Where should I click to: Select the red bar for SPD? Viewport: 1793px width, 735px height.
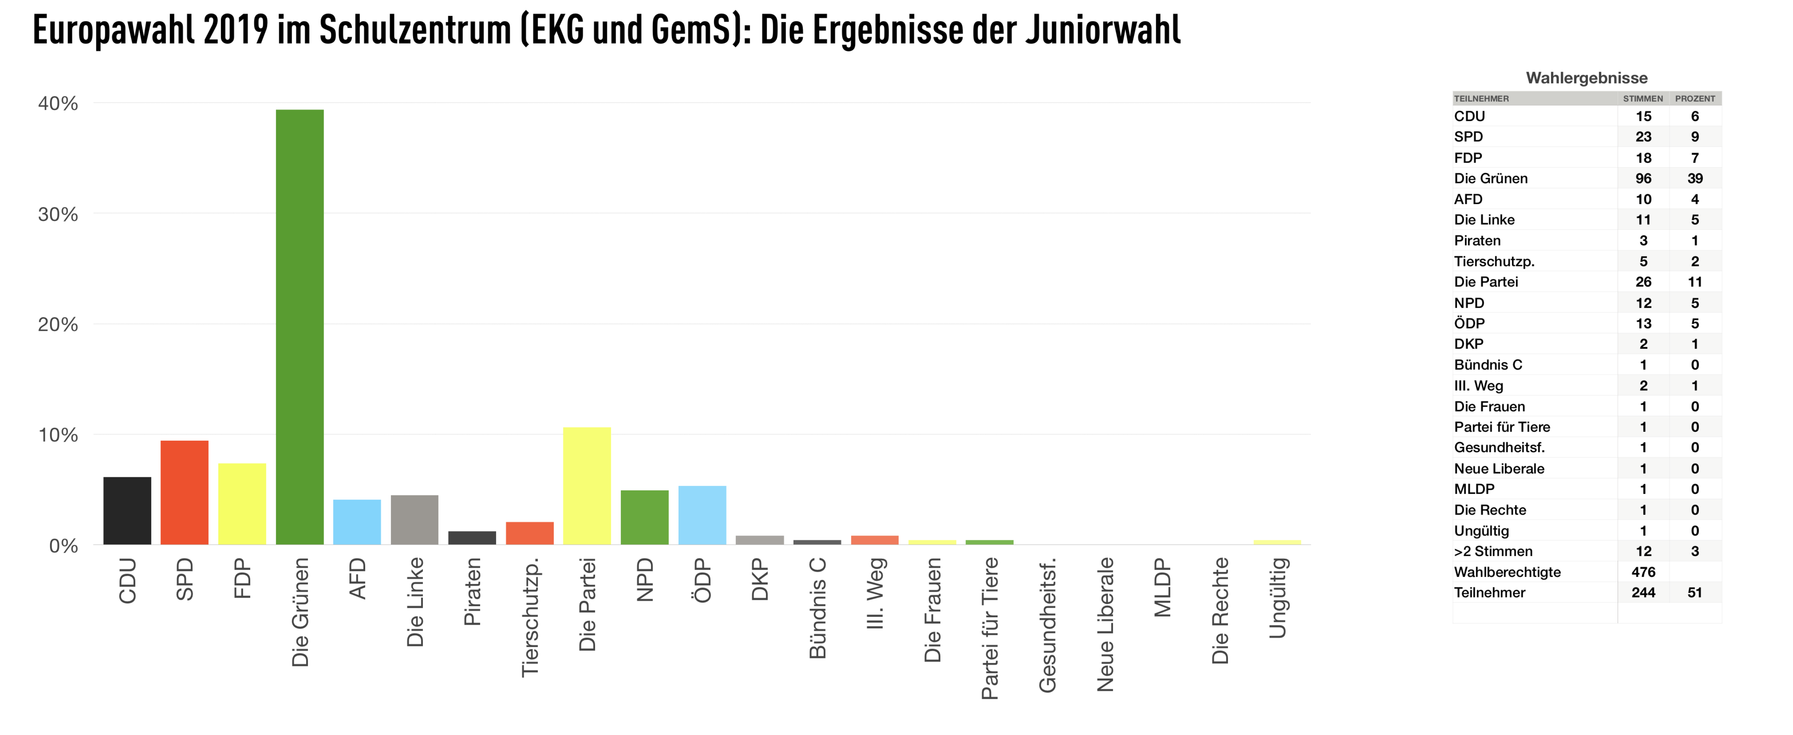point(185,493)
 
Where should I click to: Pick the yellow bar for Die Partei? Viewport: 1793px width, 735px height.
point(587,486)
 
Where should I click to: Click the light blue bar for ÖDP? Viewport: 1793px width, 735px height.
point(702,515)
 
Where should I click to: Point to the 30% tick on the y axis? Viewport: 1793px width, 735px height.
point(58,214)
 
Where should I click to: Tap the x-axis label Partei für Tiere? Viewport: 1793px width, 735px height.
point(990,628)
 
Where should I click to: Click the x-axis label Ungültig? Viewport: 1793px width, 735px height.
point(1277,597)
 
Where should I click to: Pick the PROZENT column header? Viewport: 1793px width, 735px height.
point(1695,99)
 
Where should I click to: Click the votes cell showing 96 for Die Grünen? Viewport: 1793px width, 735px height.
point(1643,178)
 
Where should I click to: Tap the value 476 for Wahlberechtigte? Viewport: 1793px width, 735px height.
point(1643,572)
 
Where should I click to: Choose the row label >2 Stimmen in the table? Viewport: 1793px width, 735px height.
point(1493,551)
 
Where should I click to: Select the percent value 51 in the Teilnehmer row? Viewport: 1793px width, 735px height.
point(1695,593)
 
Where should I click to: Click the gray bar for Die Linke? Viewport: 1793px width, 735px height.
point(414,519)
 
